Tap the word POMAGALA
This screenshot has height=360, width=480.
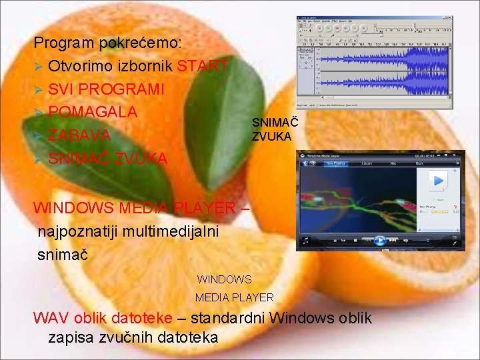point(93,112)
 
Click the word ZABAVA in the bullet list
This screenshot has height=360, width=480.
point(79,135)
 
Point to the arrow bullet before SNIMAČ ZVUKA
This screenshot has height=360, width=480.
point(39,159)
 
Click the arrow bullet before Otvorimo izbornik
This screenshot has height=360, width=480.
point(39,67)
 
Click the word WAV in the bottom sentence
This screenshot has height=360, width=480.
point(49,318)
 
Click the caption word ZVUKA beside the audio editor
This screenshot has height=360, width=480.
point(271,136)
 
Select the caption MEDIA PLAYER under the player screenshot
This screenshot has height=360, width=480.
point(235,297)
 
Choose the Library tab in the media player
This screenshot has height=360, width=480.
point(366,163)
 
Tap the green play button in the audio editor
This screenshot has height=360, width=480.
point(328,29)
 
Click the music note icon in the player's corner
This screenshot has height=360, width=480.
point(306,240)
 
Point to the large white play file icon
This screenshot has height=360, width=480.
point(438,181)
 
